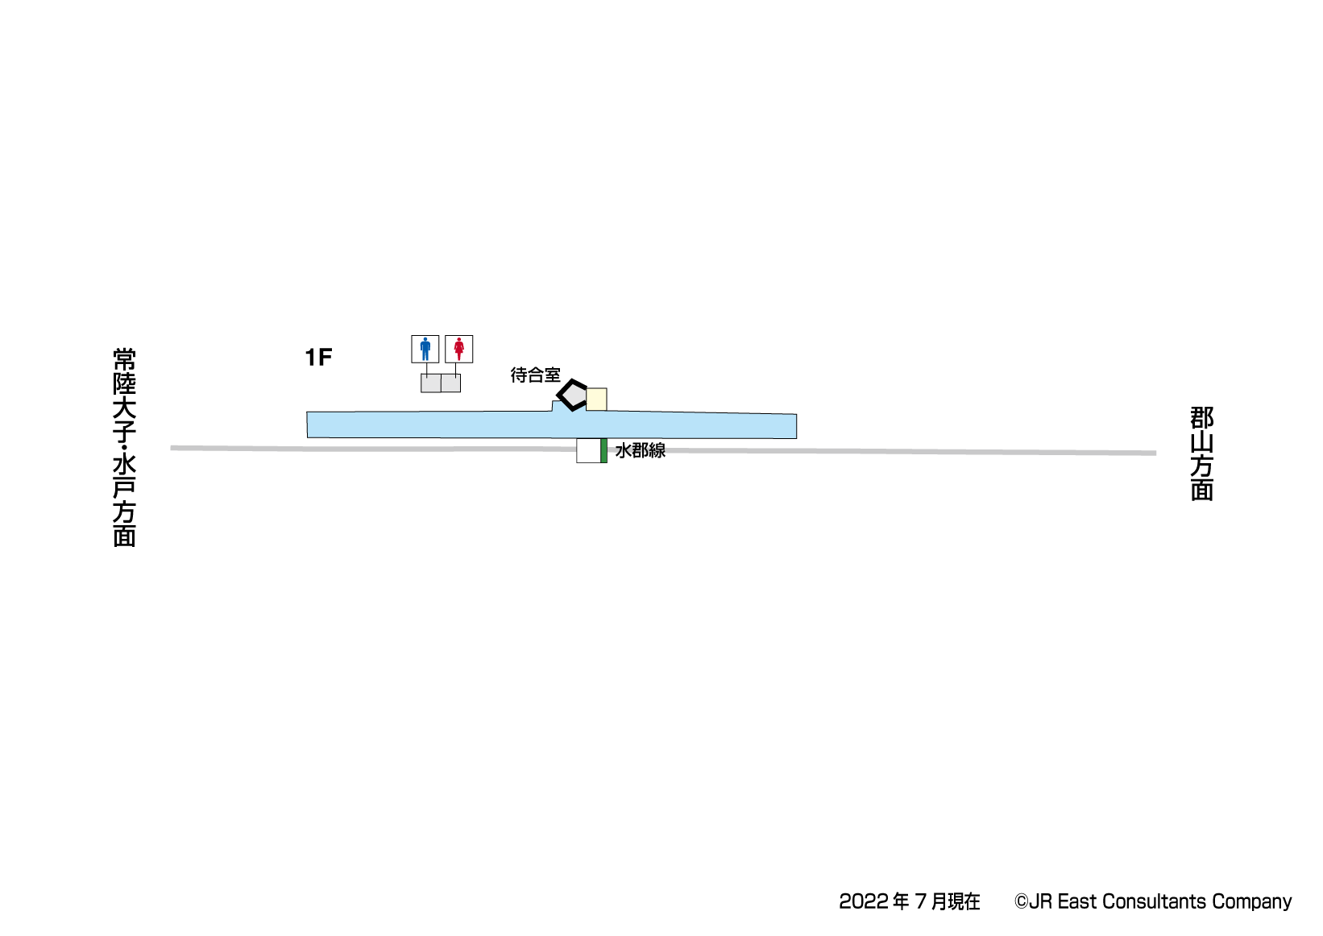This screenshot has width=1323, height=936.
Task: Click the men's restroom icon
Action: click(425, 349)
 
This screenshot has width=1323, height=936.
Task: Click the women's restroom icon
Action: click(459, 349)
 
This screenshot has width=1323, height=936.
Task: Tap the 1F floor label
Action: click(318, 358)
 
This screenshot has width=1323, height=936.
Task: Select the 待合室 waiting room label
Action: click(535, 375)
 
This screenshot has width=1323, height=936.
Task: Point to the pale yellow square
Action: click(596, 400)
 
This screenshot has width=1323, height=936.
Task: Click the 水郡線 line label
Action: click(641, 450)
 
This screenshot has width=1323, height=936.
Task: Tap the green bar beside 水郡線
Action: click(603, 450)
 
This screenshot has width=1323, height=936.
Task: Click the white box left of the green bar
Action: click(588, 450)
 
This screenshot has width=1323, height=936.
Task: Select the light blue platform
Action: click(552, 425)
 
